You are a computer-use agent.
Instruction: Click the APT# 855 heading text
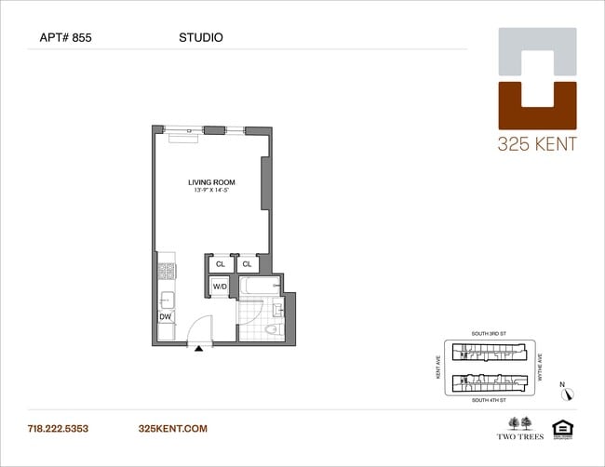(65, 38)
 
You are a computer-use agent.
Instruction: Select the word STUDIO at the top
(200, 38)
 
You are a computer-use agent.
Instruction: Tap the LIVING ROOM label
(211, 182)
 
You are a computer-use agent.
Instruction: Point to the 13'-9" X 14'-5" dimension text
(211, 192)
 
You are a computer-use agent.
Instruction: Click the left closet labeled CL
(221, 264)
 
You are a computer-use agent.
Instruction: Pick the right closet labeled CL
(248, 264)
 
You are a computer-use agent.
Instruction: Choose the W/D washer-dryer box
(221, 287)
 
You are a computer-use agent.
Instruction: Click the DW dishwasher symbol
(166, 317)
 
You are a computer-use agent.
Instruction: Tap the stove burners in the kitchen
(167, 272)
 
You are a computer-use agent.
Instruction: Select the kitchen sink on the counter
(167, 300)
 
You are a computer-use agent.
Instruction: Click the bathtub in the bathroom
(260, 287)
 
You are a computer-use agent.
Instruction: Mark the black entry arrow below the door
(199, 348)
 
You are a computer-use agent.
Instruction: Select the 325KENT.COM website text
(172, 429)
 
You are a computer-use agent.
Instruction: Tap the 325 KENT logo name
(537, 144)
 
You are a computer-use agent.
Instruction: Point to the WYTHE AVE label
(541, 367)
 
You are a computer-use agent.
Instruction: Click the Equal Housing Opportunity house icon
(561, 428)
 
